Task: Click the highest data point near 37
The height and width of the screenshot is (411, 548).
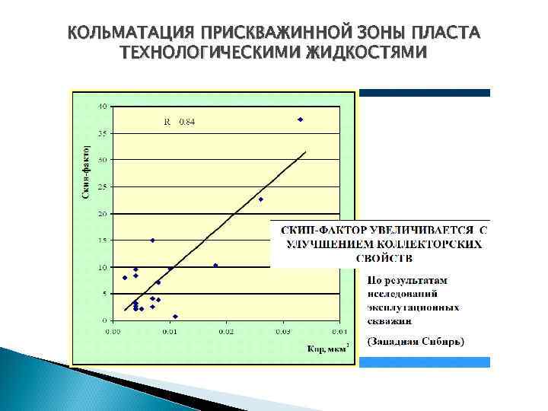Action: (300, 119)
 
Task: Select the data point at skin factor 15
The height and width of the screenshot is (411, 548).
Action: (152, 241)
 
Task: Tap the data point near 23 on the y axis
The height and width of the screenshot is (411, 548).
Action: (260, 199)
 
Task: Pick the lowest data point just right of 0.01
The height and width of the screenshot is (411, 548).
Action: (175, 317)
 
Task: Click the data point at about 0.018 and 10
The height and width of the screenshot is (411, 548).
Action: (215, 266)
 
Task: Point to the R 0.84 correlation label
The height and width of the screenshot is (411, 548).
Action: (180, 122)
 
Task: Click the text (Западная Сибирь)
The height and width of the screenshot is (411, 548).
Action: (416, 342)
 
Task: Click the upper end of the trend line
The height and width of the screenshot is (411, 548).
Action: (305, 151)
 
